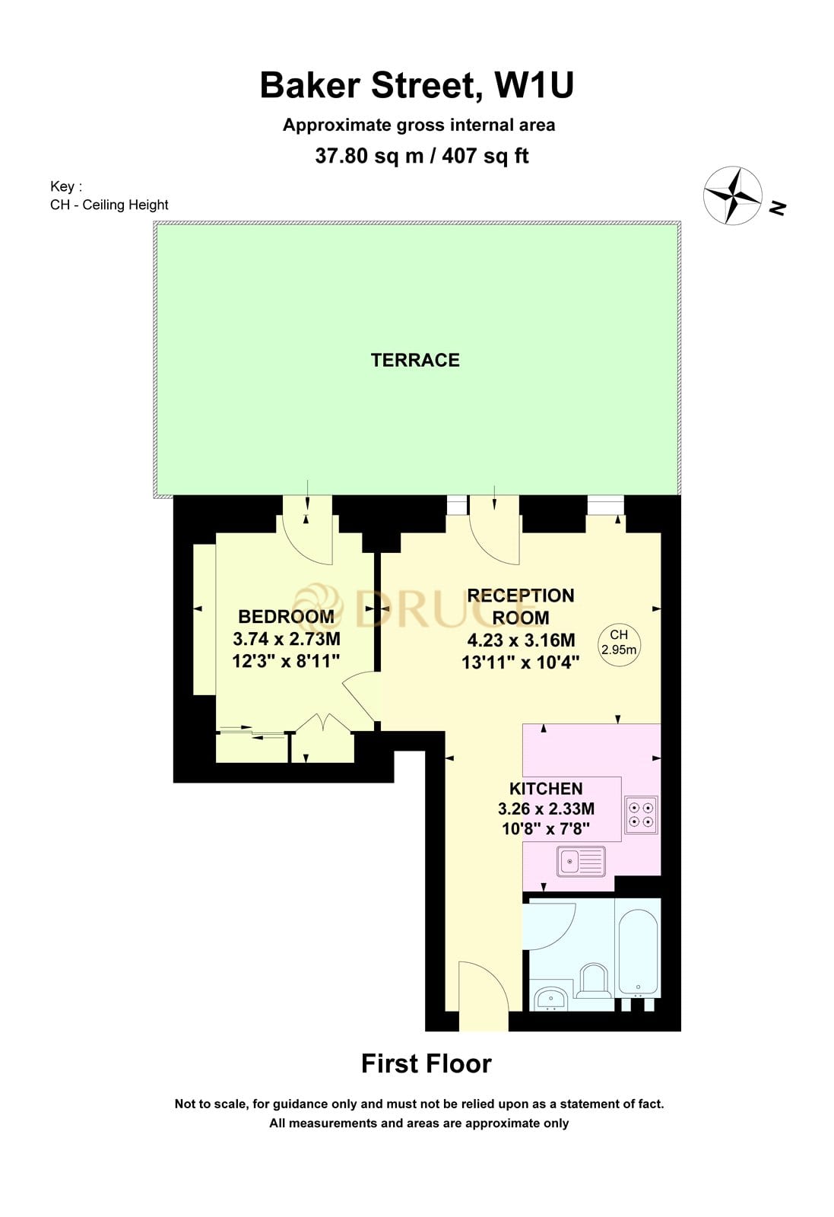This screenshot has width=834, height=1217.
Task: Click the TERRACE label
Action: pos(415,360)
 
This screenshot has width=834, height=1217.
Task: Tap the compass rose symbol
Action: pos(732,195)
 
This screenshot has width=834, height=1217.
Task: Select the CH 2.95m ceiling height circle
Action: pos(619,643)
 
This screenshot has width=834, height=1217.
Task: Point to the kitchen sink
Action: pos(581,861)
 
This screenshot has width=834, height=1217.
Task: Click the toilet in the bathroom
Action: pos(594,981)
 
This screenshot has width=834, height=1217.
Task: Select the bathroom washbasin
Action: pos(550,998)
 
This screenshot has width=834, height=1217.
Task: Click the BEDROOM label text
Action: pos(286,616)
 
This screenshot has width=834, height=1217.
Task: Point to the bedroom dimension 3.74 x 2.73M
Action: pos(286,639)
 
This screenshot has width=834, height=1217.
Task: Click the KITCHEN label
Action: pos(546,789)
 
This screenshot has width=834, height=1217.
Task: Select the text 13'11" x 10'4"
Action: pos(521,663)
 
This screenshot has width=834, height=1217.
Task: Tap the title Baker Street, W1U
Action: pos(417,85)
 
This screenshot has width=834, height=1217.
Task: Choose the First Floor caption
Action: pos(426,1063)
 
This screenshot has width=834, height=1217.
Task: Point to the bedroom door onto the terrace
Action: pos(308,532)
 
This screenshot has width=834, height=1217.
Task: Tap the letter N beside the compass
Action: pos(777,207)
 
